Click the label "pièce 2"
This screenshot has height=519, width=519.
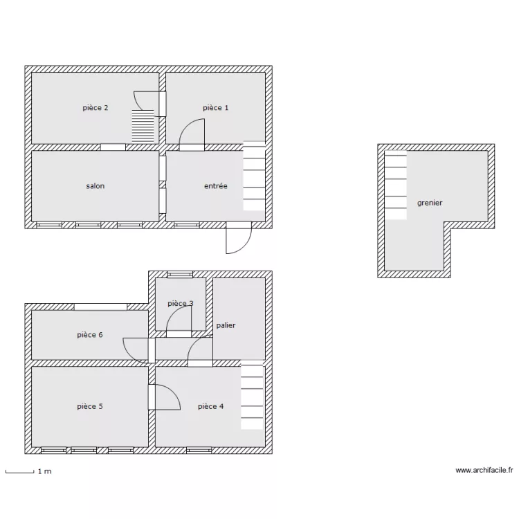pos(95,108)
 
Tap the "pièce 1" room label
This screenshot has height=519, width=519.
pos(215,108)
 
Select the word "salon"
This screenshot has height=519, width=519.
pos(95,186)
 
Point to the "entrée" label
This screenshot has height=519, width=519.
pos(216,186)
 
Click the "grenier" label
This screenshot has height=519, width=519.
pos(430,203)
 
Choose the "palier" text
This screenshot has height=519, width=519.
pos(226,325)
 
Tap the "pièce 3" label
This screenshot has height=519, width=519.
pos(181,304)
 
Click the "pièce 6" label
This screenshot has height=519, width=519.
pos(90,335)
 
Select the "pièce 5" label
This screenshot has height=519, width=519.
pos(90,406)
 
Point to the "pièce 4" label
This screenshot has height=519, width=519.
pos(211,406)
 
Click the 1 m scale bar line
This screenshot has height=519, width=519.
pos(20,472)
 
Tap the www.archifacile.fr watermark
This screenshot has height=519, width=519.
pos(484,471)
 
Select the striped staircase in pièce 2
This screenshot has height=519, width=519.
pos(143,126)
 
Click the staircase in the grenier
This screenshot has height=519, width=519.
pos(396,185)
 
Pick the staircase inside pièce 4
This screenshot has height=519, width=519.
pos(252,395)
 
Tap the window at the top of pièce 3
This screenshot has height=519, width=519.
pos(180,275)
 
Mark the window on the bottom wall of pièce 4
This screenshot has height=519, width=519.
pos(199,450)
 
